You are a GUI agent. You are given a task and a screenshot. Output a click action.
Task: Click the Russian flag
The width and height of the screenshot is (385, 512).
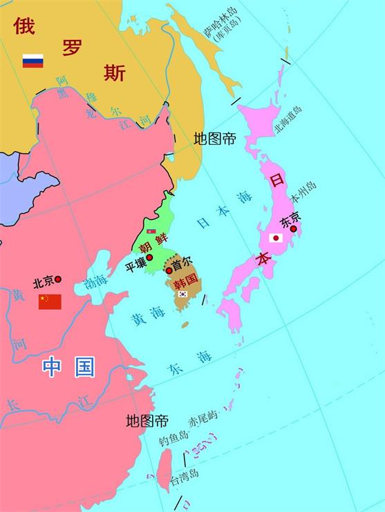pos(32,61)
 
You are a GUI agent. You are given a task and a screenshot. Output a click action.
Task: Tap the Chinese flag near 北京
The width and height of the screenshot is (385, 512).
pos(50,302)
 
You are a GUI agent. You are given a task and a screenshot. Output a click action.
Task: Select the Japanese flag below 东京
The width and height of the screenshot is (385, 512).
pos(276,238)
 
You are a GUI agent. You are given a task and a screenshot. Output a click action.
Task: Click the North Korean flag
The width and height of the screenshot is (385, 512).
pos(151,231)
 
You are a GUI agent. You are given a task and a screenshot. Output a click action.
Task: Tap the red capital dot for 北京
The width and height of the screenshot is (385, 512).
pos(58,279)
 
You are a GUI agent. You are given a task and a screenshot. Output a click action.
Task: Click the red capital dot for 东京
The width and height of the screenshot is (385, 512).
pos(293,228)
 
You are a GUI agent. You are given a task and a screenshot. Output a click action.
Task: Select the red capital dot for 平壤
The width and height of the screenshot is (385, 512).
pos(149,257)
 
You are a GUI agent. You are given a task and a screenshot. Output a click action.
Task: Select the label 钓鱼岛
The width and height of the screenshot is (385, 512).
pos(173,436)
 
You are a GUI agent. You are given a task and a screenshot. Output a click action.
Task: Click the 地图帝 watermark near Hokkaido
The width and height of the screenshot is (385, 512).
pos(215,139)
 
